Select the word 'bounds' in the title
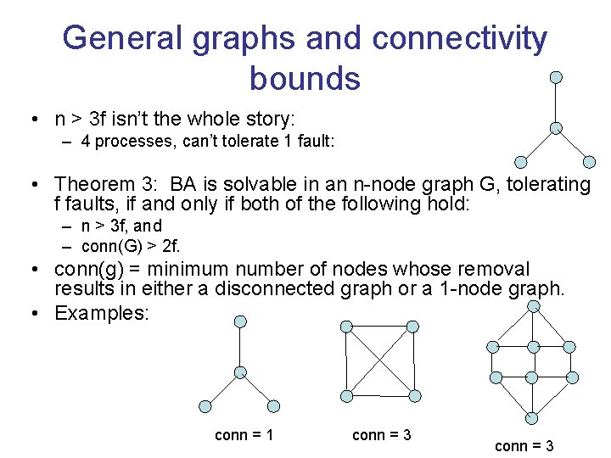(x=305, y=78)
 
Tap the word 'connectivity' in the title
(x=459, y=38)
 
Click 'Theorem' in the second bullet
(x=94, y=184)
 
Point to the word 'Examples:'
(x=101, y=313)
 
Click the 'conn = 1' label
(x=244, y=435)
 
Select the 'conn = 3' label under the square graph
(x=381, y=435)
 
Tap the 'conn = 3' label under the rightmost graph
(x=524, y=446)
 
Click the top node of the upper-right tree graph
(x=556, y=77)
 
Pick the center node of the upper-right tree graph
(x=556, y=128)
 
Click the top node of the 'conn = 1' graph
(x=241, y=321)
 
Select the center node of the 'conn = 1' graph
(x=241, y=372)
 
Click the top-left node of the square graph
(x=345, y=327)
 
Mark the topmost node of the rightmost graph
(x=533, y=305)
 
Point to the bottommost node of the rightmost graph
(x=531, y=418)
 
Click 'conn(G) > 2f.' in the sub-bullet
(x=131, y=247)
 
